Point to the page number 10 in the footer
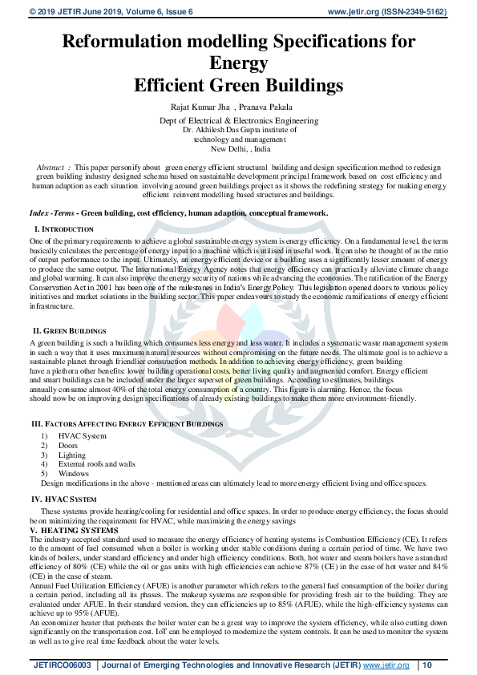[x=427, y=665]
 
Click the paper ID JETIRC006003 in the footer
[x=62, y=665]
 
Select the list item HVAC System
[x=82, y=436]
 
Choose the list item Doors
[x=68, y=446]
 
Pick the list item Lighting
[x=72, y=455]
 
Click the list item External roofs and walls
[x=96, y=464]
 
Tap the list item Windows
[x=74, y=473]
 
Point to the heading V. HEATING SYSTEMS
[x=74, y=531]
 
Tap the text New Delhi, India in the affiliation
[x=241, y=149]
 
